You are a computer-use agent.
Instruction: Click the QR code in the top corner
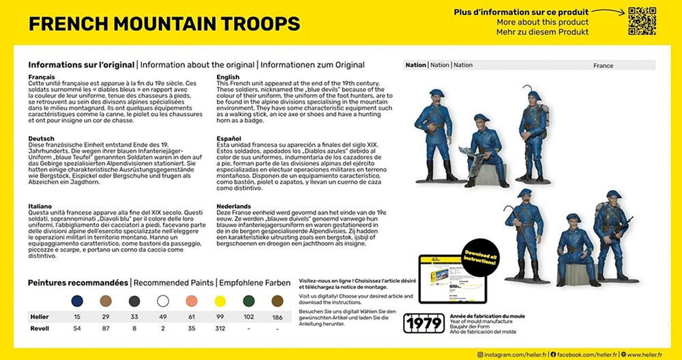pyautogui.click(x=641, y=21)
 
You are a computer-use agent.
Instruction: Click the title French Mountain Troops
pyautogui.click(x=164, y=24)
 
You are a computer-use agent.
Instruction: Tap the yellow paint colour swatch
pyautogui.click(x=220, y=301)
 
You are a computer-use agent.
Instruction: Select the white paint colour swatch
pyautogui.click(x=163, y=301)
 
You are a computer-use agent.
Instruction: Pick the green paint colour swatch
pyautogui.click(x=248, y=301)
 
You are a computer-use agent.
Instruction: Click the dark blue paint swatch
pyautogui.click(x=77, y=301)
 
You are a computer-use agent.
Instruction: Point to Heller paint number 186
pyautogui.click(x=277, y=317)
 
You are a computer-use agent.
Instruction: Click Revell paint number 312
pyautogui.click(x=220, y=328)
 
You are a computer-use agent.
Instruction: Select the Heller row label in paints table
pyautogui.click(x=40, y=317)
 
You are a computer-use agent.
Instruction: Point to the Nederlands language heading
pyautogui.click(x=235, y=205)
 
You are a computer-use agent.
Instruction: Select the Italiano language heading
pyautogui.click(x=41, y=205)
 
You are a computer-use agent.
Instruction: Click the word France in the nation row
pyautogui.click(x=603, y=65)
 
